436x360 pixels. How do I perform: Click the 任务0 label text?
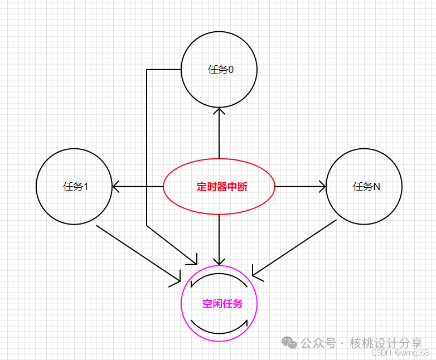click(x=221, y=70)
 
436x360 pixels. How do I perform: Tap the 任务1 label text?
click(x=76, y=187)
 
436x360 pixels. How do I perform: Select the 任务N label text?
click(x=366, y=187)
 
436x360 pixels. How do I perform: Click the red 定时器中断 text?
click(x=222, y=187)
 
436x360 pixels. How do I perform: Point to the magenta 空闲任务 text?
click(x=222, y=304)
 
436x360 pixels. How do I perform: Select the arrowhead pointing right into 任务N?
click(x=322, y=187)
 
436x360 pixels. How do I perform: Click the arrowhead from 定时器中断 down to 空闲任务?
click(x=219, y=260)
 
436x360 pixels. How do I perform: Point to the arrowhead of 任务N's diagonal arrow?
click(x=256, y=273)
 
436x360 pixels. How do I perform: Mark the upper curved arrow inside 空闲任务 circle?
click(x=219, y=278)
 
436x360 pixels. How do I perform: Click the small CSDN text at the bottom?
click(x=382, y=353)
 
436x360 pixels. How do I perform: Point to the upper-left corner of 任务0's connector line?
click(x=147, y=70)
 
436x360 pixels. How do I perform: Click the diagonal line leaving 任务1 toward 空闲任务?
click(x=137, y=251)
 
